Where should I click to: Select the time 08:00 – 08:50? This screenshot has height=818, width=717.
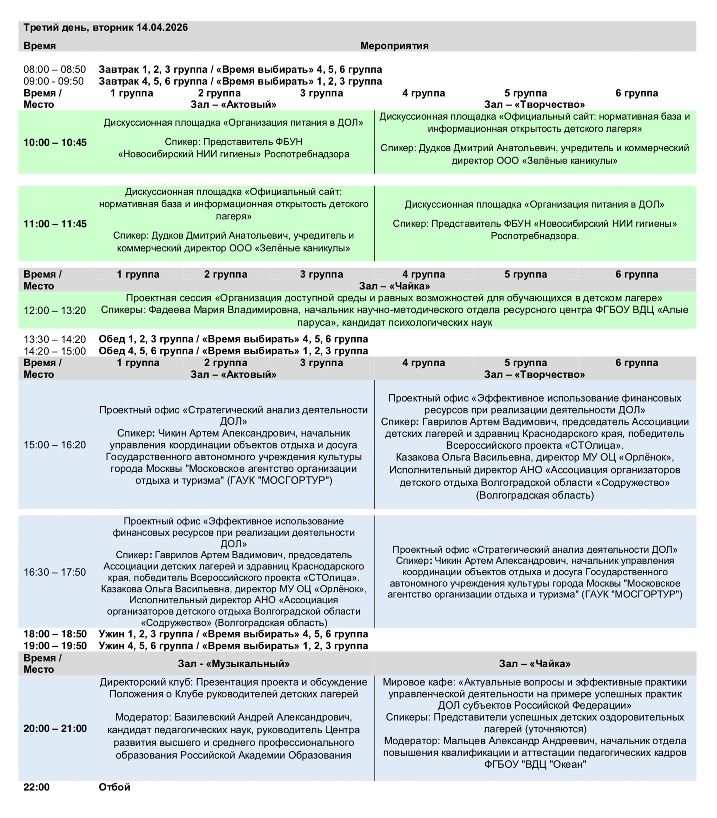(x=54, y=70)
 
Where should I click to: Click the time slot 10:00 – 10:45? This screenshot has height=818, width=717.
(x=55, y=142)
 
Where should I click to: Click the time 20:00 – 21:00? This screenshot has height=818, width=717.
(x=55, y=728)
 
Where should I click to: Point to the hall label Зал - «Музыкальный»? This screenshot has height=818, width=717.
(x=234, y=664)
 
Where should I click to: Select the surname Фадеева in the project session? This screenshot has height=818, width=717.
(x=166, y=310)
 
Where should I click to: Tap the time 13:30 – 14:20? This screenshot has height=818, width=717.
(x=54, y=339)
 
